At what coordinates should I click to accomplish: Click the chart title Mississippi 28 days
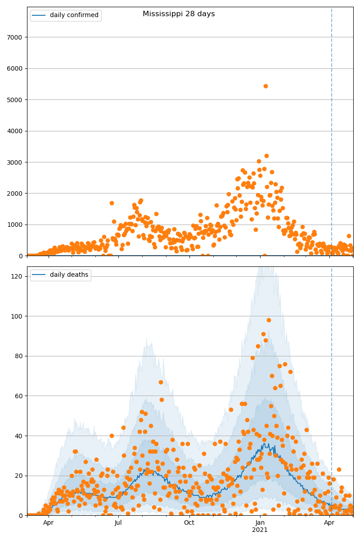(179, 14)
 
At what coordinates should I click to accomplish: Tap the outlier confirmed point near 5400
(265, 86)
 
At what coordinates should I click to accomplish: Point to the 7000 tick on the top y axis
(17, 37)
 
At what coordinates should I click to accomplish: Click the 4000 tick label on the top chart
(17, 131)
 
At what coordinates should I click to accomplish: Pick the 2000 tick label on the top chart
(17, 193)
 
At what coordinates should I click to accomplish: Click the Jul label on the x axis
(118, 523)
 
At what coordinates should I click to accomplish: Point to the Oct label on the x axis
(189, 523)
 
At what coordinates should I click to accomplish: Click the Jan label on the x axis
(260, 523)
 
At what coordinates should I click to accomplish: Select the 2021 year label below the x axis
(260, 530)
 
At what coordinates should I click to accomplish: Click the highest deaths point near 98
(269, 320)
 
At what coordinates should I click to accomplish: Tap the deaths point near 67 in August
(161, 382)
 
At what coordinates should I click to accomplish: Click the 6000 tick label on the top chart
(17, 68)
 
